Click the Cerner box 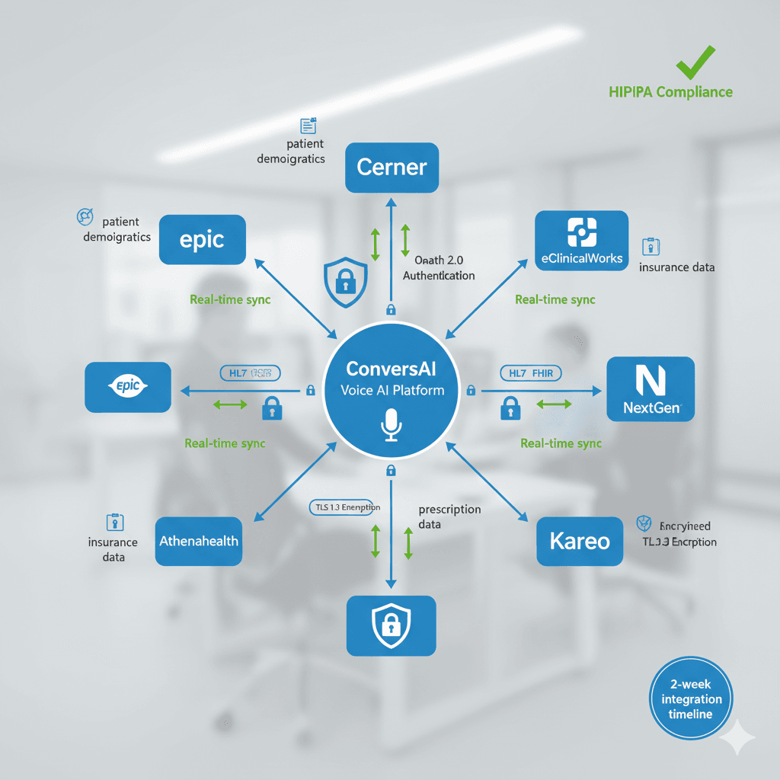tap(392, 168)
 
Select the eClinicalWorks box tap(581, 241)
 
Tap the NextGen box tap(650, 388)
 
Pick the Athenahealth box tap(198, 541)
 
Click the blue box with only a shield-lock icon tap(391, 625)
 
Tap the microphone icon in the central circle tap(391, 425)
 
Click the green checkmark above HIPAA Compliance tap(696, 62)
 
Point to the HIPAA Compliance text tap(670, 92)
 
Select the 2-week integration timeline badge tap(691, 698)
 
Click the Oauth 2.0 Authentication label tap(439, 268)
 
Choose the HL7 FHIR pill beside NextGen tap(531, 372)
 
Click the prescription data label tap(449, 517)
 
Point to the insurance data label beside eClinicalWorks tap(676, 267)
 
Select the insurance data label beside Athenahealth tap(113, 549)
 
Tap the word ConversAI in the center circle tap(391, 369)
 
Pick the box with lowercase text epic tap(202, 240)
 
